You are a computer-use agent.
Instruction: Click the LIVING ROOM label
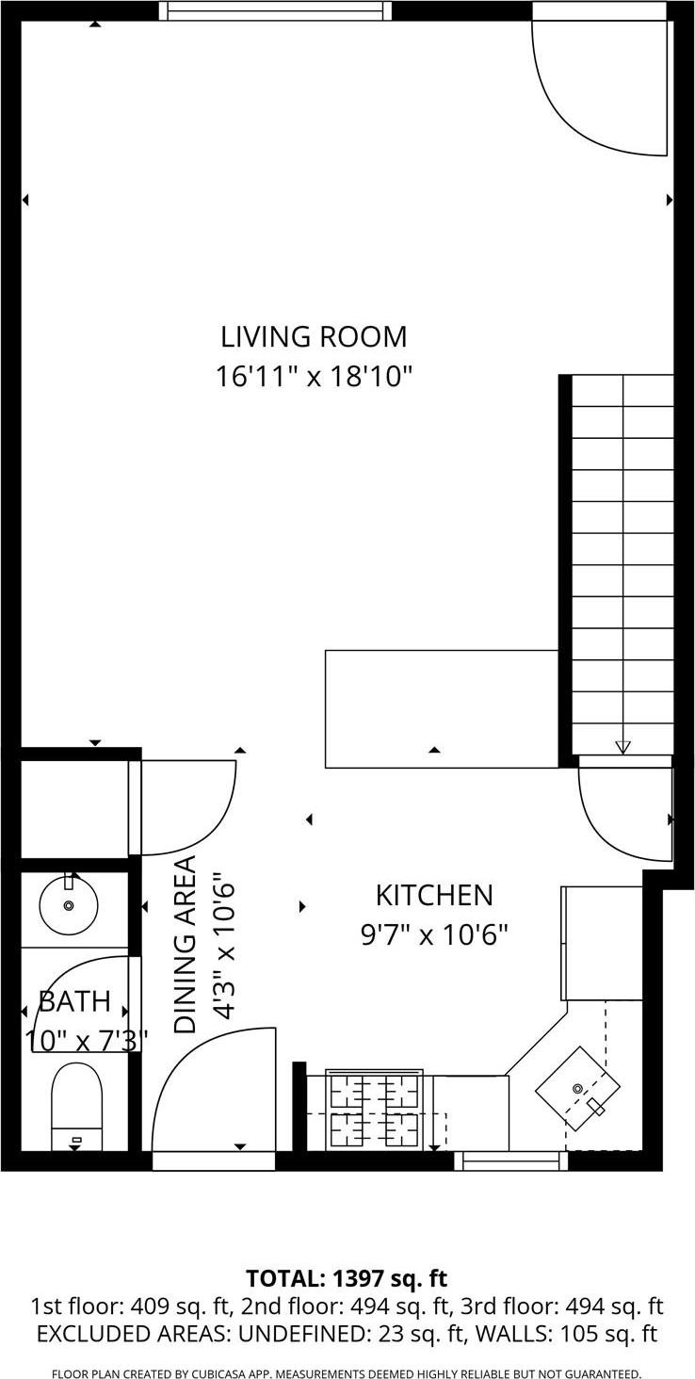coord(314,336)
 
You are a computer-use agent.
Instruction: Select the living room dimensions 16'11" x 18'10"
coord(314,378)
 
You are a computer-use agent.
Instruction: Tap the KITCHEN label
coord(434,895)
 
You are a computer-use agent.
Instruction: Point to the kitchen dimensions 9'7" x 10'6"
coord(434,935)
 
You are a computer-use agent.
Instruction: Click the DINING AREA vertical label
coord(186,945)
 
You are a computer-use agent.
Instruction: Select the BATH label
coord(74,1000)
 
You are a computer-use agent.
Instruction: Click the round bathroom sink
coord(68,905)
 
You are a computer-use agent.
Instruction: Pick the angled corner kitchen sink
coord(577,1088)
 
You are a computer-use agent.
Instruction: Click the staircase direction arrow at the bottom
coord(622,747)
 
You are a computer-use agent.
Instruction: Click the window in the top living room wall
coord(275,10)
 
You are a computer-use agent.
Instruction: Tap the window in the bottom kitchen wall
coord(511,1160)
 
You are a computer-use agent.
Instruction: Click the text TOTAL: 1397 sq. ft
coord(347,1278)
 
